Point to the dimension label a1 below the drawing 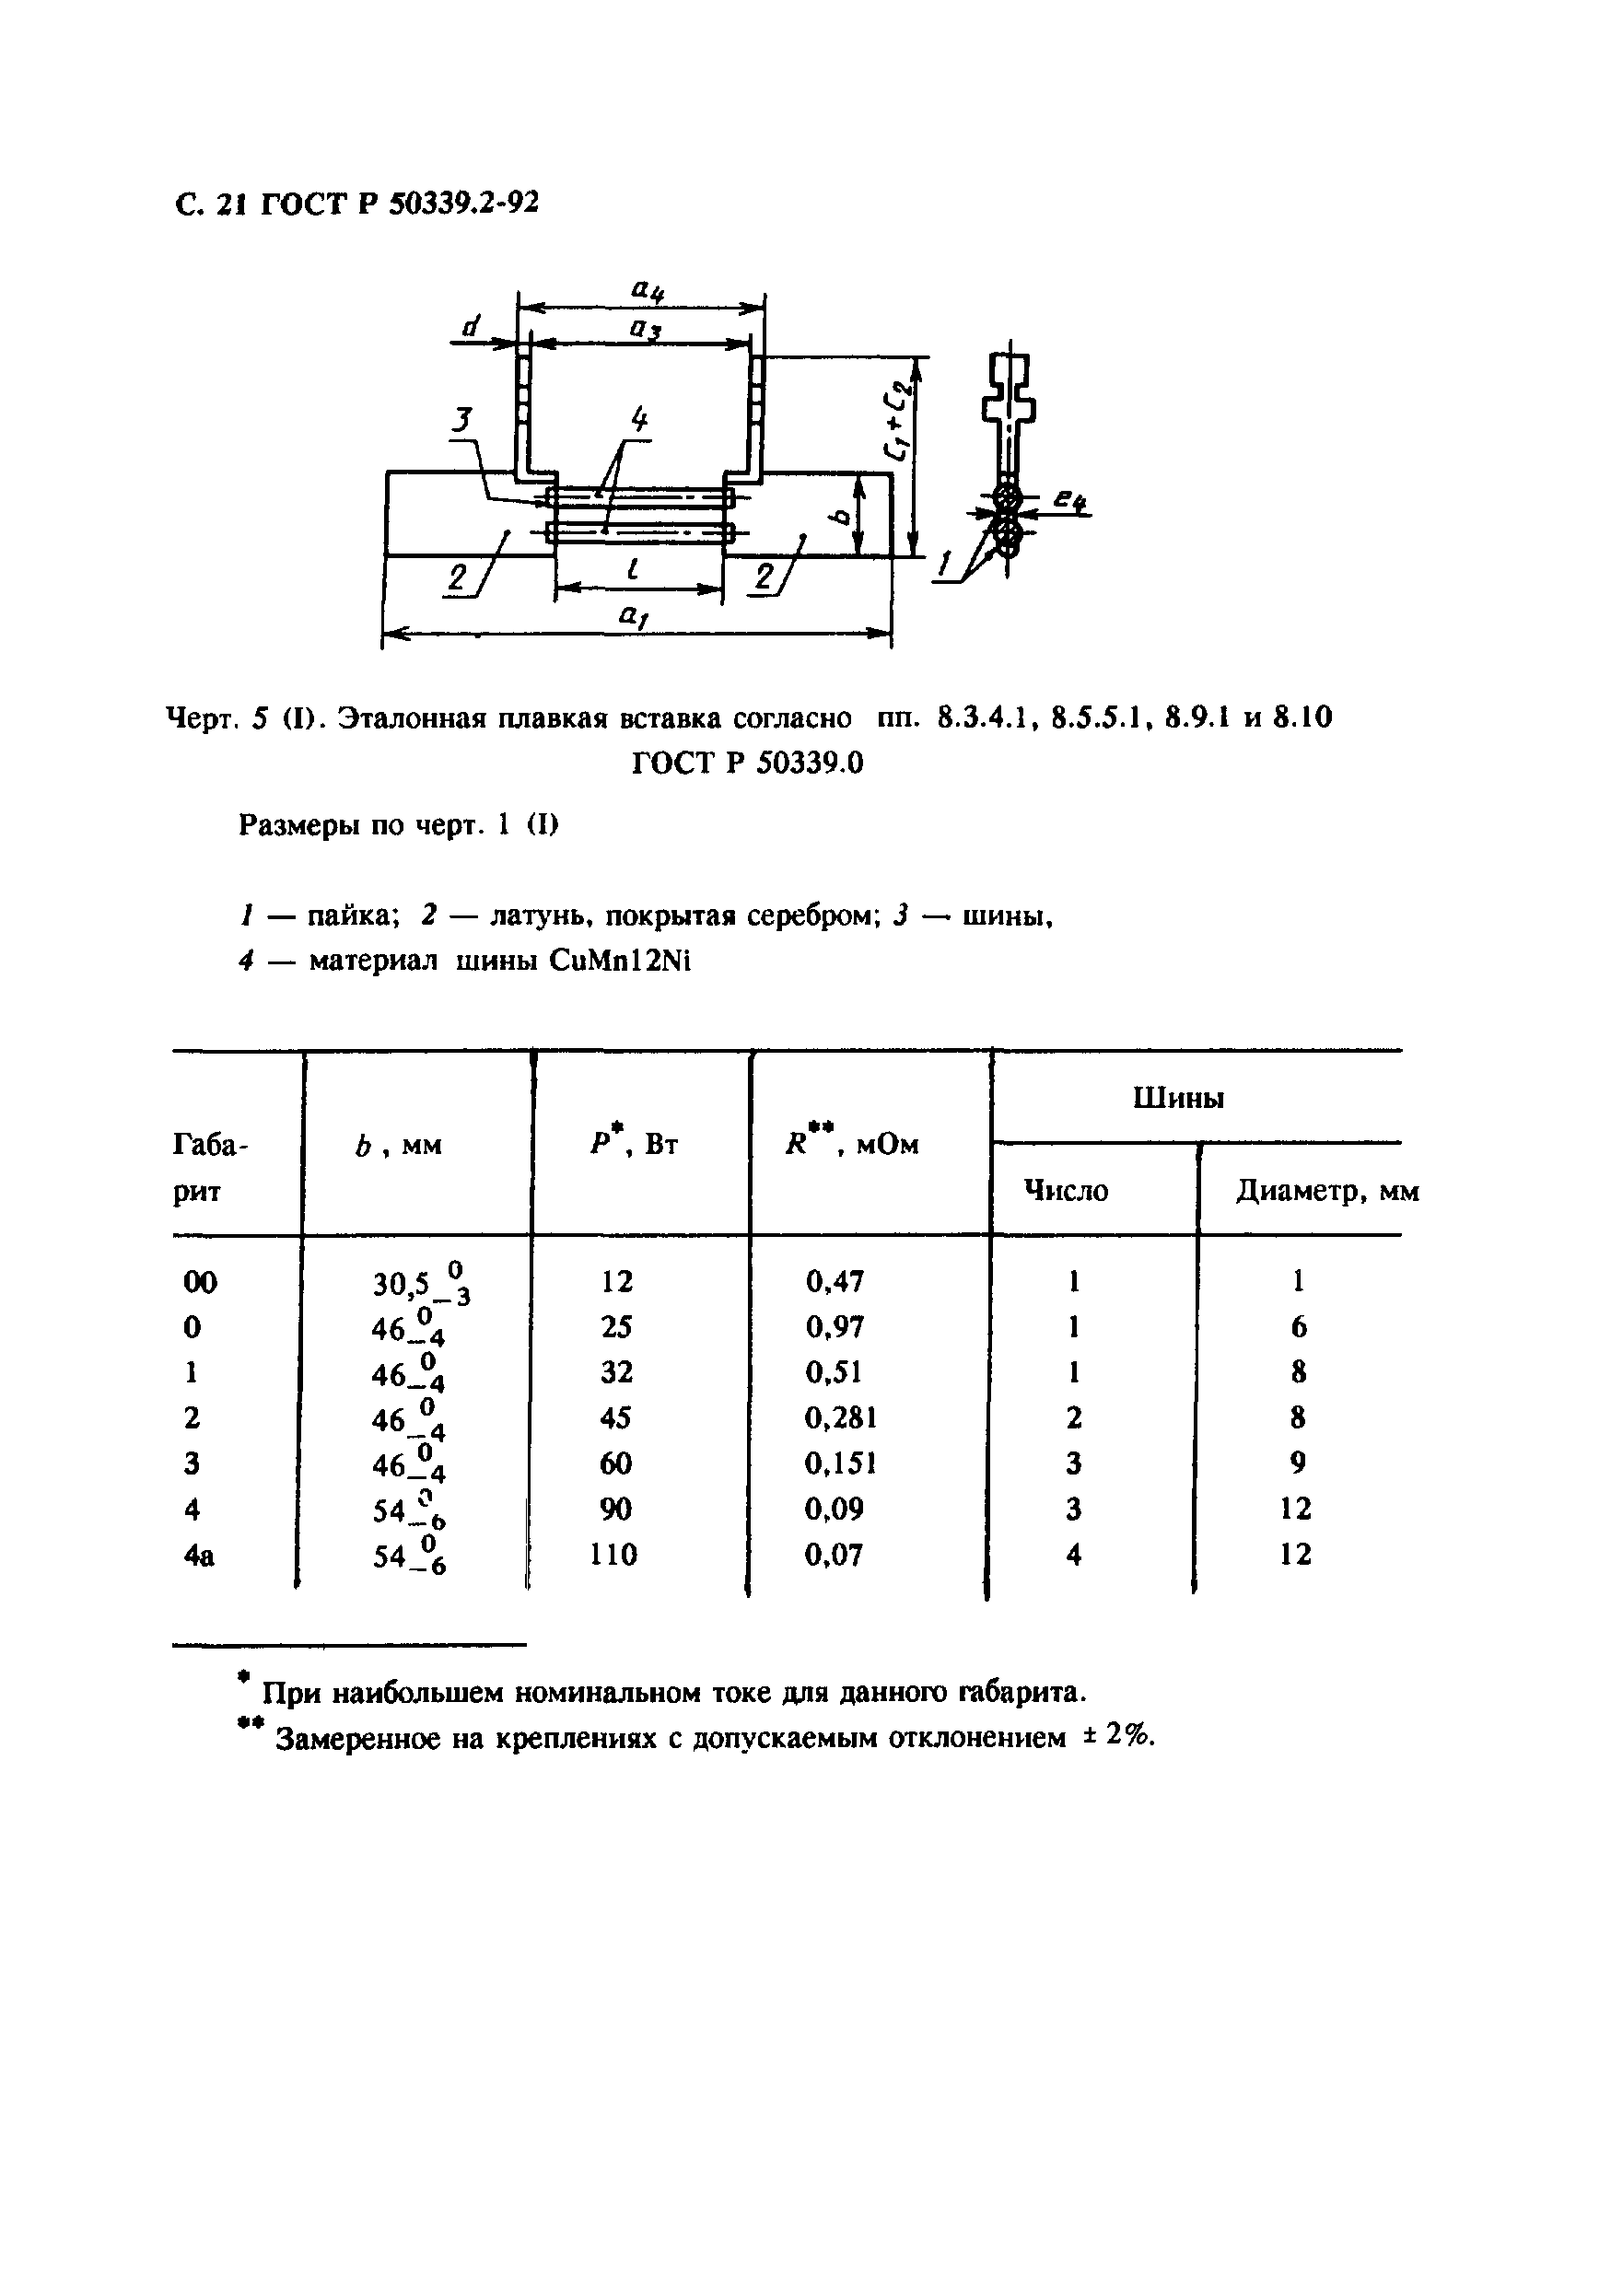point(633,617)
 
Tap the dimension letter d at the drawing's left point(472,325)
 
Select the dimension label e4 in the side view point(1070,504)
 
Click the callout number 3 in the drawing point(461,421)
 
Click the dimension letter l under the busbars point(633,569)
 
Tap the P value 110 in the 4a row point(613,1555)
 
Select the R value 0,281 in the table point(841,1417)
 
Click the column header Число point(1066,1190)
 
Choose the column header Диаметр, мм point(1327,1190)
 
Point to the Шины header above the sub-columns point(1178,1099)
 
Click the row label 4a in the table point(199,1555)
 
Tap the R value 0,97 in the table point(835,1326)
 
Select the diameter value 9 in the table point(1298,1463)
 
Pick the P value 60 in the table point(616,1463)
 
